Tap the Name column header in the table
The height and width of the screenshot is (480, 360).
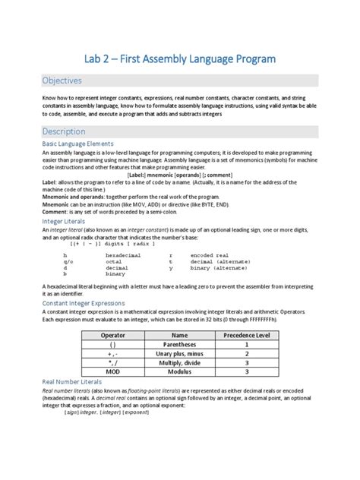pos(179,334)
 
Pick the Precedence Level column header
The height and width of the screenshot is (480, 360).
pos(246,334)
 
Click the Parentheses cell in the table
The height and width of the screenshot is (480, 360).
pos(179,344)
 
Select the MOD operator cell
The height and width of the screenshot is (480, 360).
pos(112,372)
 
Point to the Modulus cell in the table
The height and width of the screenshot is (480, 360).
pos(179,372)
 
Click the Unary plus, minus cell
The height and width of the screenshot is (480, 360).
pos(179,354)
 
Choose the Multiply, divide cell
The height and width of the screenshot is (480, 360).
pos(179,363)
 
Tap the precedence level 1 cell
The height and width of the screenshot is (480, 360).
pos(246,344)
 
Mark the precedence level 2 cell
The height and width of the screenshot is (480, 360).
pos(246,354)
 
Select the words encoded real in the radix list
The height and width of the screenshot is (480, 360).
pos(209,256)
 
